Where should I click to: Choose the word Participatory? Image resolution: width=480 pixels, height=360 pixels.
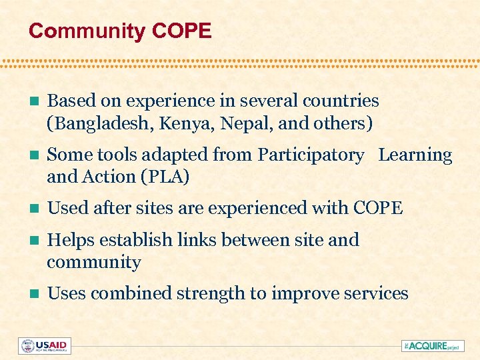311,155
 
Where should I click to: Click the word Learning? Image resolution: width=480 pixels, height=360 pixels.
415,155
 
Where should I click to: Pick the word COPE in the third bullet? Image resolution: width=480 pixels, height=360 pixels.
378,209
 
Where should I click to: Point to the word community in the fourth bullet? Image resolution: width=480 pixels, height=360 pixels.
94,263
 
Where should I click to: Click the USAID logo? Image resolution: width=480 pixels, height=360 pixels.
45,345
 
